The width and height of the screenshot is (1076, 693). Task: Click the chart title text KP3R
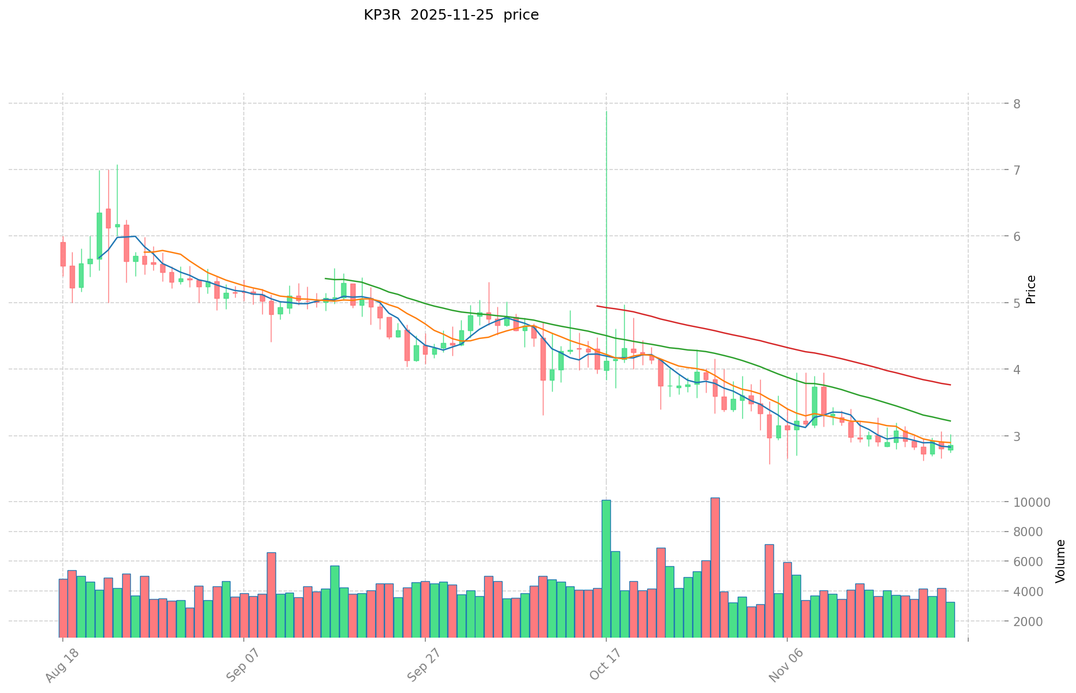(378, 15)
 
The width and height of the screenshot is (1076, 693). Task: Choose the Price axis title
(1032, 289)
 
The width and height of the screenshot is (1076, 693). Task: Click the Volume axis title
(1060, 561)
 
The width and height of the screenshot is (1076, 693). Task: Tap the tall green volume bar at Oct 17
(606, 568)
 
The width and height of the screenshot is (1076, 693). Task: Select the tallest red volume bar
(715, 567)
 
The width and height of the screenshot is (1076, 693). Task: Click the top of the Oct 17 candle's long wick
(606, 111)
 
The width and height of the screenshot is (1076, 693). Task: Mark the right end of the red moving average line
(950, 385)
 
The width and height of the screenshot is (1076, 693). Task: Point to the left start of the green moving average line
(326, 278)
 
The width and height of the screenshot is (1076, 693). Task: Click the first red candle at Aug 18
(63, 254)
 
